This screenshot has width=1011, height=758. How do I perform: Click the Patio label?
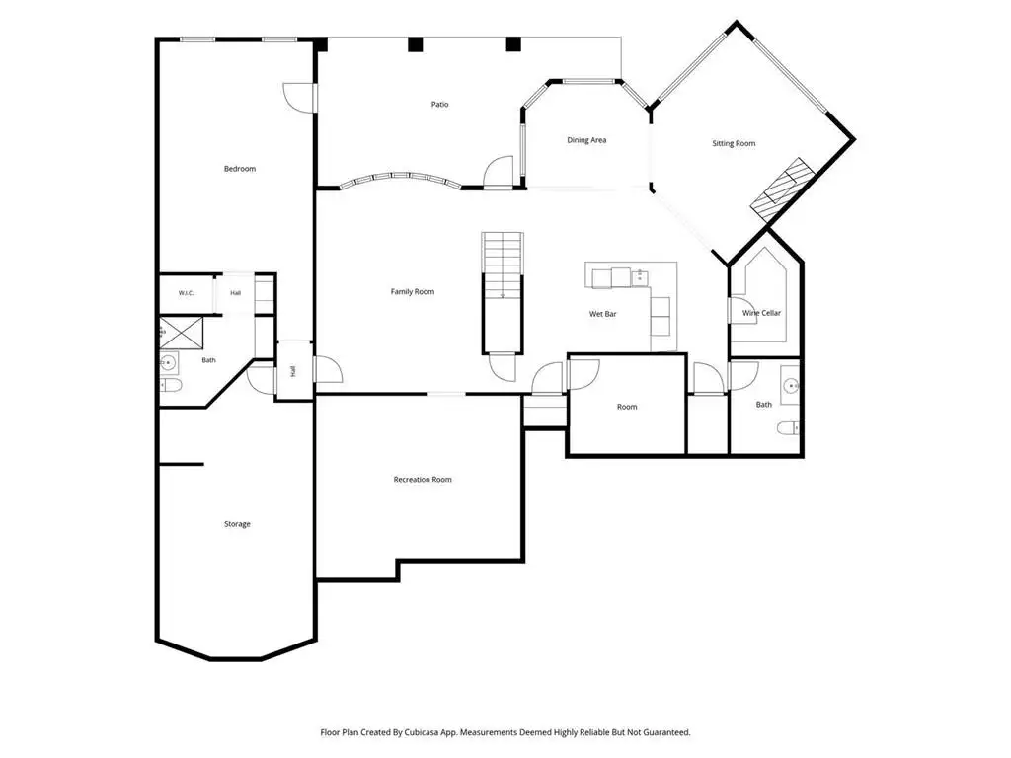click(439, 104)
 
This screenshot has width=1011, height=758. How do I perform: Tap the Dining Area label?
click(586, 140)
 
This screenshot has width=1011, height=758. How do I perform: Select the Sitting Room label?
click(734, 143)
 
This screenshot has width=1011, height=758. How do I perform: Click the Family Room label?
click(413, 291)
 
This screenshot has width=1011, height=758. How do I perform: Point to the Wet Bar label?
click(603, 314)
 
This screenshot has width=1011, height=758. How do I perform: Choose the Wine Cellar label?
click(761, 313)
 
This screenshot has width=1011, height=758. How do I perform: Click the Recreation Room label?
click(423, 479)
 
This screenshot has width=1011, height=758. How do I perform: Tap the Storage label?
click(237, 524)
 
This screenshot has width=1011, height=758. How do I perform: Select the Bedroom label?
click(240, 168)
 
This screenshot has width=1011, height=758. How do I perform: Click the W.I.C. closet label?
click(186, 293)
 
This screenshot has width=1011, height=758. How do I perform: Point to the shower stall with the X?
click(182, 333)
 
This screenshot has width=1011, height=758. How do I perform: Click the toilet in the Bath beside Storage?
click(171, 386)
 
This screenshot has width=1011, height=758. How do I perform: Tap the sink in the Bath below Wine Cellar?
click(791, 386)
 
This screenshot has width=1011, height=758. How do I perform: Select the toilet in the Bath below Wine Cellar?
click(788, 428)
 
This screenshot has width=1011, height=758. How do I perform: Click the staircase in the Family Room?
click(503, 292)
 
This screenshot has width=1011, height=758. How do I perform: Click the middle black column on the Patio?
click(416, 44)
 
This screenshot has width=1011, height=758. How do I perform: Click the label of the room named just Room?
click(627, 407)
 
